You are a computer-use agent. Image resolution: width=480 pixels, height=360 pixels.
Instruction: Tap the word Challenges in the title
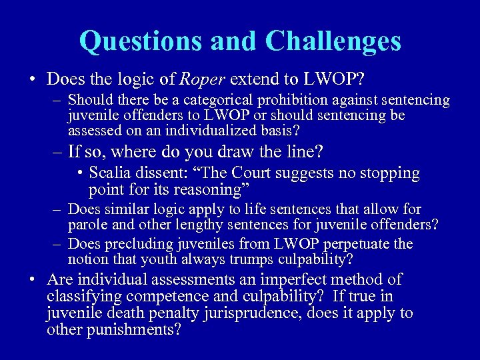coord(333,41)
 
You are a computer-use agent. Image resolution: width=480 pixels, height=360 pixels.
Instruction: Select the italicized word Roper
coord(203,79)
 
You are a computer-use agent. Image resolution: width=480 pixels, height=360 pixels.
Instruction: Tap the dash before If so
coord(58,152)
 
